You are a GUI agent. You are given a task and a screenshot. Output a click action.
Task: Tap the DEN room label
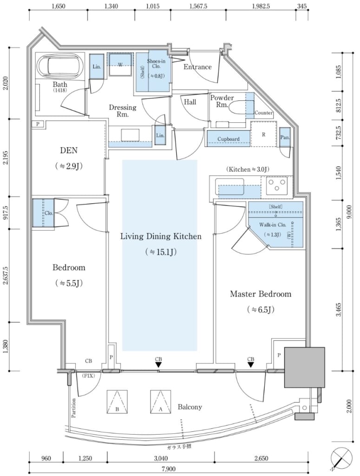tap(68, 150)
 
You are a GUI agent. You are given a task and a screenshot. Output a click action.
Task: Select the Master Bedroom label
tap(261, 294)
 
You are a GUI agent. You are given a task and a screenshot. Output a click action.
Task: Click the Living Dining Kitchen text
tap(161, 237)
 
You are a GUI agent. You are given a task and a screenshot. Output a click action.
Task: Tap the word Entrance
tap(197, 67)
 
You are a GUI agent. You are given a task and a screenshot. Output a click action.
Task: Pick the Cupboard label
tap(228, 139)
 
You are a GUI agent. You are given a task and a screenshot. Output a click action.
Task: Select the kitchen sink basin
tap(231, 187)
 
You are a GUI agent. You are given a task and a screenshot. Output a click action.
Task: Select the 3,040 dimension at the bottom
tap(161, 458)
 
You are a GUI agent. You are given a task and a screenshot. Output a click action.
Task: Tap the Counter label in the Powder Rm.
tap(263, 113)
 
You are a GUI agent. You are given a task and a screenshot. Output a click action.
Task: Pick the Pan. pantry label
tap(285, 138)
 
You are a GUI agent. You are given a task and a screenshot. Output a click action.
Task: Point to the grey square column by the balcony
tap(304, 367)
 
